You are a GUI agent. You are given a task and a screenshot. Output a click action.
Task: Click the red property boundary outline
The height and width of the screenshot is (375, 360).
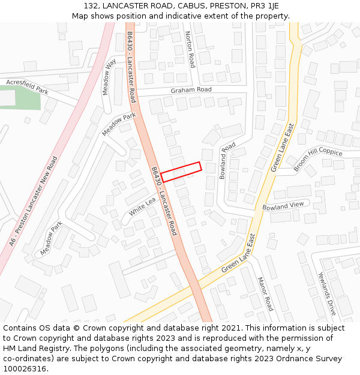pos(181,172)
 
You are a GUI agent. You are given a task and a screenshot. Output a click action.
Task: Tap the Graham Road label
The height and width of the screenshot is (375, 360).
pos(191,90)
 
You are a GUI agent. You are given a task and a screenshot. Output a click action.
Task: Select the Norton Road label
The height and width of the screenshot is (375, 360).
pos(190,49)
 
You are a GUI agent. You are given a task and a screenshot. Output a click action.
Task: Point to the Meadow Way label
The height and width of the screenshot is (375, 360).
pos(109,77)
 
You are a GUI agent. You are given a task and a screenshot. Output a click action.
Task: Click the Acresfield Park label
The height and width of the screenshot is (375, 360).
pos(27,86)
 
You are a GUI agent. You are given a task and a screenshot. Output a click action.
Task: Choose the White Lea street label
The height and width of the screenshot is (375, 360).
pos(142,207)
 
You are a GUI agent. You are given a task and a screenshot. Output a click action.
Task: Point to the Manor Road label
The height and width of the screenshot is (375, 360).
pos(265,293)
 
